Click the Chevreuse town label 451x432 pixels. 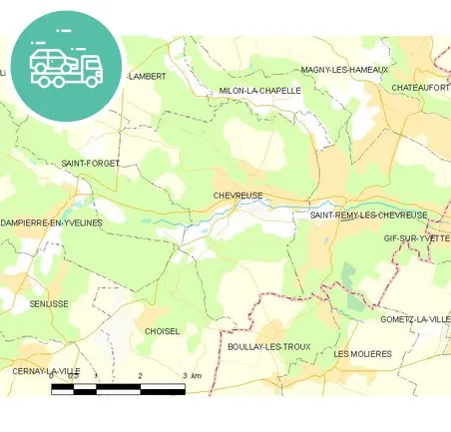236,197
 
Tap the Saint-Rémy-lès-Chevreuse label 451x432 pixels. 368,216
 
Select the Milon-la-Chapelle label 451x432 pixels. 259,91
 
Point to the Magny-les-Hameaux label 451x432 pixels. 344,70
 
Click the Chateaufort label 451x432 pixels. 420,88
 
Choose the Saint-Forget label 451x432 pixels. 90,163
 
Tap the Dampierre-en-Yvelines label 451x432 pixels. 52,222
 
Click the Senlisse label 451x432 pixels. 49,303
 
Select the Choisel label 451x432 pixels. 162,330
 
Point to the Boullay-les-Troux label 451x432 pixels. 268,346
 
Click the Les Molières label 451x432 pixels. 362,353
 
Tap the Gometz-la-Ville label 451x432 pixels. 415,318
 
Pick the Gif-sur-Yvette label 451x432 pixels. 417,239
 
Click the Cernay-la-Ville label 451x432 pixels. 46,371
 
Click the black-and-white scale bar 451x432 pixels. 118,388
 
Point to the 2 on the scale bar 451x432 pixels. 141,376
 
